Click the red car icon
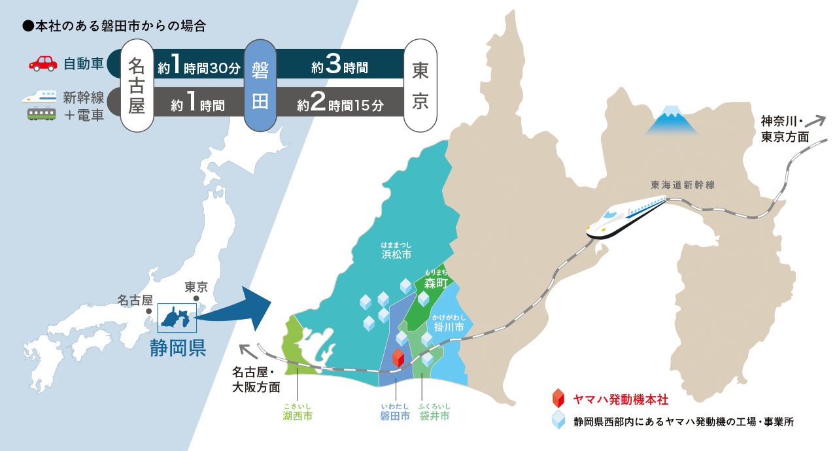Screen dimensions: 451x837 pos(43,63)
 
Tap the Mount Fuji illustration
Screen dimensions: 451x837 pos(672,121)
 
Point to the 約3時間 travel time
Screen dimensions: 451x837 pos(339,67)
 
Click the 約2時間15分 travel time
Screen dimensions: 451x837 pos(339,105)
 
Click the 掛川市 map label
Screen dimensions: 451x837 pos(449,326)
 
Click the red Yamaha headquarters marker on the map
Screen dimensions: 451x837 pos(398,358)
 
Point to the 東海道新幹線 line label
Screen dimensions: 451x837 pos(683,185)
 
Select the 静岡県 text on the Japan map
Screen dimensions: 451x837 pos(178,348)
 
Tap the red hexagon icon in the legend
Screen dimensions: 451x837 pos(558,398)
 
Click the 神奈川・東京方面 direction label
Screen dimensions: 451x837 pos(785,129)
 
